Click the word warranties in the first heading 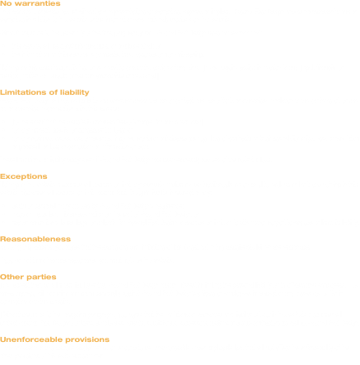[37, 3]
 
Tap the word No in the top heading [6, 3]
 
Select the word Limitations [23, 92]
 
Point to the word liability [75, 92]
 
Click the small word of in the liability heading [54, 92]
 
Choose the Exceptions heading [24, 176]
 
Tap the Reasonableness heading [35, 239]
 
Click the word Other [12, 277]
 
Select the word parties [41, 277]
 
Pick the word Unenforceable [31, 339]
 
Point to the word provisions [87, 339]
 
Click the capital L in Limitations [2, 92]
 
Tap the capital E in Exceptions [2, 176]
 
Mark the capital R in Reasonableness [3, 239]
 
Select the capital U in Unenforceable [3, 339]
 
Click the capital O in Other [3, 277]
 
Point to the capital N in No [2, 3]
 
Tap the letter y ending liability [86, 93]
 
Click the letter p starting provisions [68, 340]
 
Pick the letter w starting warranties [18, 4]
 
